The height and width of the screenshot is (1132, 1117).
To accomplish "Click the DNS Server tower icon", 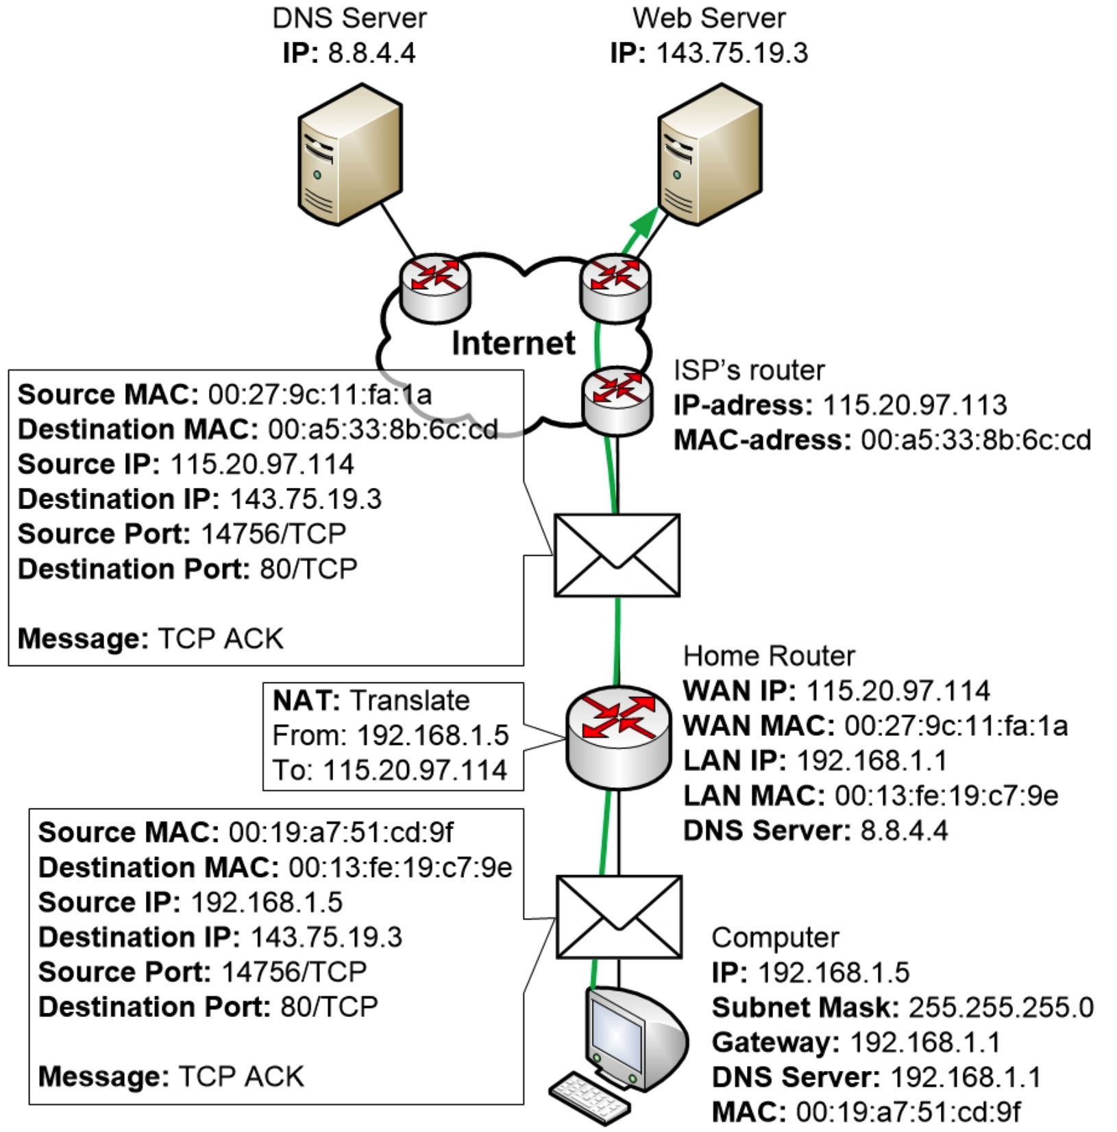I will [349, 155].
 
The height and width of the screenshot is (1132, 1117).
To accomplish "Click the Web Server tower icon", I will [710, 155].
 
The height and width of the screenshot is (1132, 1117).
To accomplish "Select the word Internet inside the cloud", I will [513, 343].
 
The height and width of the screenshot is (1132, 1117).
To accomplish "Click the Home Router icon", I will [618, 737].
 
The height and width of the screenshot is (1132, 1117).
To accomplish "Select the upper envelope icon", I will [617, 555].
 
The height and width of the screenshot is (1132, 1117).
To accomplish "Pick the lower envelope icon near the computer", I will [619, 916].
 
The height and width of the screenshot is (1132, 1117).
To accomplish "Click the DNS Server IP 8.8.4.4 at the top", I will [371, 53].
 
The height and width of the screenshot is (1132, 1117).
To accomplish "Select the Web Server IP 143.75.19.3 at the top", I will [732, 53].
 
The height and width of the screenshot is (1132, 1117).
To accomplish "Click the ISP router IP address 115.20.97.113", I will [914, 405].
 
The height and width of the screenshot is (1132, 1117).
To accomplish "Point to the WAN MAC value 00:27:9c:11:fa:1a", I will [955, 726].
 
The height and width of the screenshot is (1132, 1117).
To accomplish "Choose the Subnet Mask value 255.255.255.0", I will [1001, 1007].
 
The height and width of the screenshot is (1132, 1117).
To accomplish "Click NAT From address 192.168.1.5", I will [432, 736].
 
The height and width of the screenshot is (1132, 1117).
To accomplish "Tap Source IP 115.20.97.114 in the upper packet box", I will [262, 465].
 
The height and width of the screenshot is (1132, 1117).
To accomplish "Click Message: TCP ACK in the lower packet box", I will [171, 1076].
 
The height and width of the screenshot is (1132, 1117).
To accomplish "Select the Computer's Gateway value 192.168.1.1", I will [925, 1042].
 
